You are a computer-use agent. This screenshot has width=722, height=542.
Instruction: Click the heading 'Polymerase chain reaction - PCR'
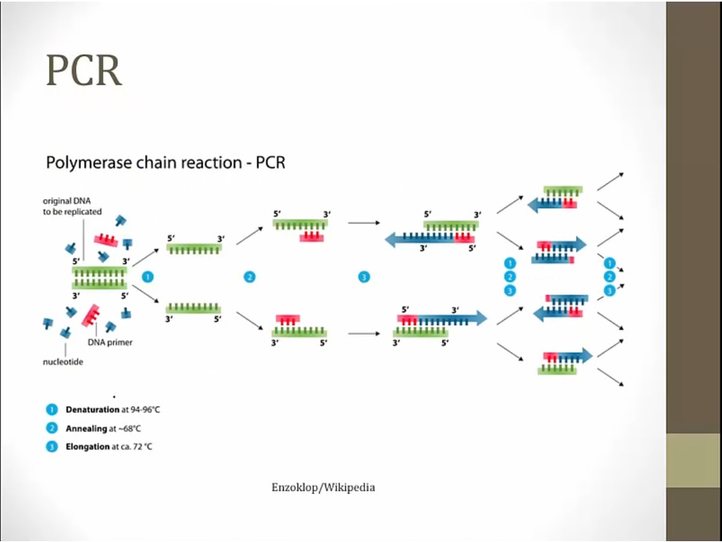165,163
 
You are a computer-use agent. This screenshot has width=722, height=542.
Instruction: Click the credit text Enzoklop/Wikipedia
323,487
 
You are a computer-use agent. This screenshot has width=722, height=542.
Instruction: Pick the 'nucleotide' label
63,361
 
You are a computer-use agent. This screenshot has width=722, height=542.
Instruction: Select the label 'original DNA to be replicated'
73,206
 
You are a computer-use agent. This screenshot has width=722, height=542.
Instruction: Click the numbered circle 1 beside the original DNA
147,276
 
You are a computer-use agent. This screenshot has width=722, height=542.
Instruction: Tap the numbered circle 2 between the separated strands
249,277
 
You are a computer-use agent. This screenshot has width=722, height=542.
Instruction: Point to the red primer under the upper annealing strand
311,237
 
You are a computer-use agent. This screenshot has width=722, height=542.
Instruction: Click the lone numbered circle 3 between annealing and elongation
363,277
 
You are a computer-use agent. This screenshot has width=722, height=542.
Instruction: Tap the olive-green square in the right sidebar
694,461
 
